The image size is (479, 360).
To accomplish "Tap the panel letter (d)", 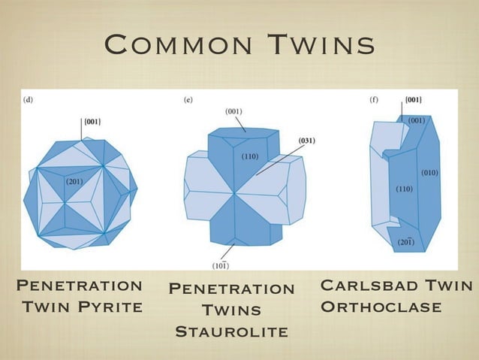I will coord(29,98).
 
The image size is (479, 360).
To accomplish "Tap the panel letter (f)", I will coord(373,98).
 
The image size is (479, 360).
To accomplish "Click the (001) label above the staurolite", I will coord(234,111).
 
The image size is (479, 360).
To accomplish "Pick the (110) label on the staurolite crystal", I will coord(251,156).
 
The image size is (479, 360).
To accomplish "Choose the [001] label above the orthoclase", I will coord(413,99).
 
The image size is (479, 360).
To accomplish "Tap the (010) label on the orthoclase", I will coord(429,173).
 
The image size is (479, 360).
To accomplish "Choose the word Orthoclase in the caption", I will coord(381,307).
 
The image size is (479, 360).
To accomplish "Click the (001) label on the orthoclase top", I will coord(416,119).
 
